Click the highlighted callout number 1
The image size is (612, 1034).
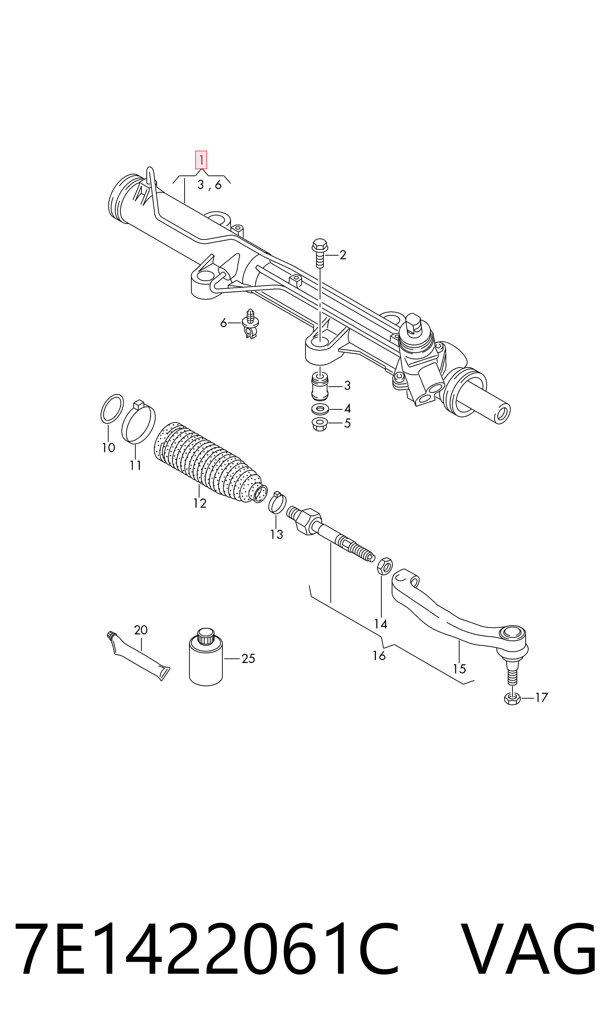201,160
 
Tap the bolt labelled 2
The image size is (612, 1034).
320,253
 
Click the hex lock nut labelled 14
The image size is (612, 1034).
385,566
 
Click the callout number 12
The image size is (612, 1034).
200,503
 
